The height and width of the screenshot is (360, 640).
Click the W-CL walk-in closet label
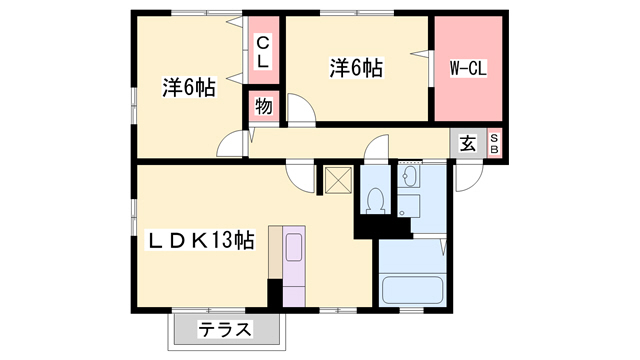click(468, 70)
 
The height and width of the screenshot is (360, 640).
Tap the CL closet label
click(262, 52)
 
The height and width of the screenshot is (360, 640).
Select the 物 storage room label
click(263, 105)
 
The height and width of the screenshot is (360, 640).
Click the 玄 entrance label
click(468, 142)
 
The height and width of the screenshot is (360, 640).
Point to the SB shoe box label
click(494, 142)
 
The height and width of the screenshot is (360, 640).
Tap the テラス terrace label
click(224, 330)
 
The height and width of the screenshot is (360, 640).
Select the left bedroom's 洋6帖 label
click(189, 88)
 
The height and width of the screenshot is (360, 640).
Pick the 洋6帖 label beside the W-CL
click(357, 69)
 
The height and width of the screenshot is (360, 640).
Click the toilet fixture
click(374, 200)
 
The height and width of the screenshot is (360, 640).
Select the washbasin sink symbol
click(410, 179)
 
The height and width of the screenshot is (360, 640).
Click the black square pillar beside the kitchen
click(275, 291)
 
